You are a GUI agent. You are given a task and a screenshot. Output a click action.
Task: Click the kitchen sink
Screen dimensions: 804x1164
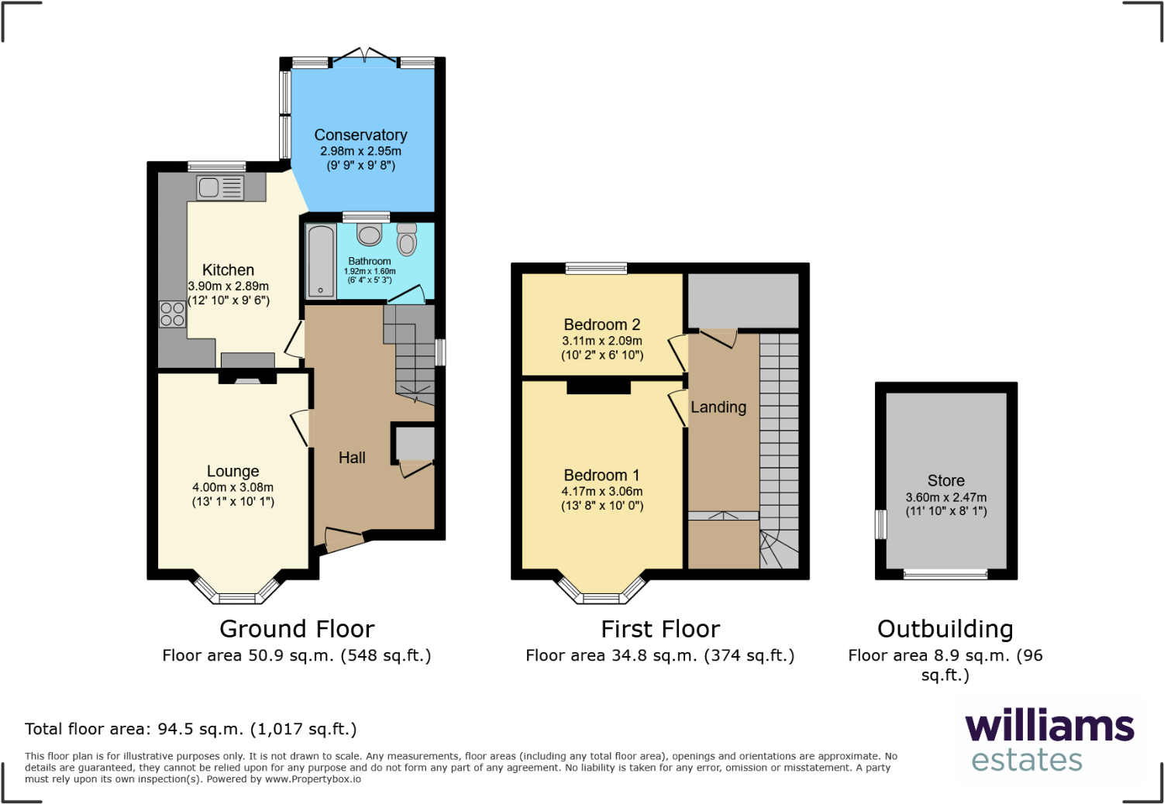219,187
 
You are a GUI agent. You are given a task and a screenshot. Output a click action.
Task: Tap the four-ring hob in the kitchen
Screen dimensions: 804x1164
172,314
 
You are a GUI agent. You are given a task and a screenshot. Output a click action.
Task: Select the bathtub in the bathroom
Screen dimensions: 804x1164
321,261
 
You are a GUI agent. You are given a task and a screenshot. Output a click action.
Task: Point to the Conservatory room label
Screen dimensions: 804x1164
360,136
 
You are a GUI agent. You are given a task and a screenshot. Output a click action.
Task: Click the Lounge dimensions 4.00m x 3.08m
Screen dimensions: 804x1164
232,487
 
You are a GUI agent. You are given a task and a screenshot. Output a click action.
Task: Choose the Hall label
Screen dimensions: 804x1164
352,458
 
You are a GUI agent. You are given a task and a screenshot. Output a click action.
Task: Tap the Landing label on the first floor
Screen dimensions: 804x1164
718,407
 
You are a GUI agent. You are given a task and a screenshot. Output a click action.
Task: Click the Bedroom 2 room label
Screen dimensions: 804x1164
602,325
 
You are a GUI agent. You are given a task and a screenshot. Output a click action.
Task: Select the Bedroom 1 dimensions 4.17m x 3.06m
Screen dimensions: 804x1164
602,491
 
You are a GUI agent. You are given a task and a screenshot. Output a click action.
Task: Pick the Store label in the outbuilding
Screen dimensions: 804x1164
945,481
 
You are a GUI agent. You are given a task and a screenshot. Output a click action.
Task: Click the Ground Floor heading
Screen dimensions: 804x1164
297,629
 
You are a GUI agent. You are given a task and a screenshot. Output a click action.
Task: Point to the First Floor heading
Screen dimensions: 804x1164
660,629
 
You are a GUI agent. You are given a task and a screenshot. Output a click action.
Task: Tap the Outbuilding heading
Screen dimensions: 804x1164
945,629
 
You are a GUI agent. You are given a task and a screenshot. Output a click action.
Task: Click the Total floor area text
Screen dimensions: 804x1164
191,729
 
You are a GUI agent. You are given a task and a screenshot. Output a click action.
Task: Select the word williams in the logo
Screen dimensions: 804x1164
1049,727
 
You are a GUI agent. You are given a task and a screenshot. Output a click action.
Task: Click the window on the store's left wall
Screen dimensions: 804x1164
880,524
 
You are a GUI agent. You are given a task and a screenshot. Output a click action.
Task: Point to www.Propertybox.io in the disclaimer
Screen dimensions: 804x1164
313,779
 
